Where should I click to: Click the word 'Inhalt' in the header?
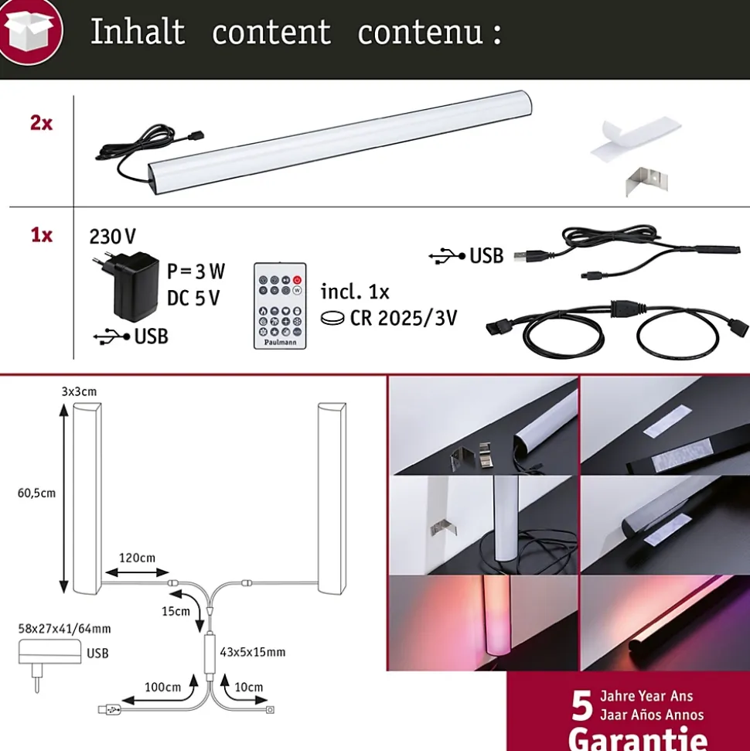point(138,32)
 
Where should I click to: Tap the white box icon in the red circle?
point(29,31)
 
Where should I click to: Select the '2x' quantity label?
point(41,123)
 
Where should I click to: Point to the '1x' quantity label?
point(42,235)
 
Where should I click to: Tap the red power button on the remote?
point(297,280)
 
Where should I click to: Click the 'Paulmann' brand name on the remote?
point(280,342)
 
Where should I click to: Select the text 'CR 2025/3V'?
point(404,318)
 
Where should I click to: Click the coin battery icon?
point(332,318)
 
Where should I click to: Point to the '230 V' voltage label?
point(113,237)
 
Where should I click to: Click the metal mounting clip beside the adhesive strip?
point(646,182)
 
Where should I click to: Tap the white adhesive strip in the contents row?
point(636,138)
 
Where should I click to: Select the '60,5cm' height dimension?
point(36,493)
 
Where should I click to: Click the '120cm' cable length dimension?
point(137,558)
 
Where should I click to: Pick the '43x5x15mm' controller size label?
point(252,652)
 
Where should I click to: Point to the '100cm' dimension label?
point(163,688)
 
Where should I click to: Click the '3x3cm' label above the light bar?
point(79,392)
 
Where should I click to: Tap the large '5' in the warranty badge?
point(582,705)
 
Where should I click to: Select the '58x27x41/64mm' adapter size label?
point(64,628)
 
